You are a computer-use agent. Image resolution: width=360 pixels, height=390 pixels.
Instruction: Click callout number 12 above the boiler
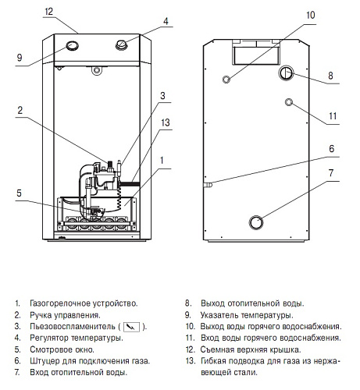click(x=48, y=12)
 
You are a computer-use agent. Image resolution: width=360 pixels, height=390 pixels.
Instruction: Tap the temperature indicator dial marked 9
click(x=72, y=46)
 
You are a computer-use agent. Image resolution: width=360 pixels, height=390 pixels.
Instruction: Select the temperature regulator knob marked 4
click(x=121, y=44)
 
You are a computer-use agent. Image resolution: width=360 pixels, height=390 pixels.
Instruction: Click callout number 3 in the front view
click(x=162, y=96)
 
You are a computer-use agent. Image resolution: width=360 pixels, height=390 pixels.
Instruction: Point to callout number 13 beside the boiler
click(x=166, y=122)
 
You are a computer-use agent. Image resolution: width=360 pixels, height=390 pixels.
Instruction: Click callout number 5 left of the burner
click(x=19, y=193)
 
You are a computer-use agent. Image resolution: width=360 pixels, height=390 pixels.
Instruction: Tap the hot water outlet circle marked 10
click(x=226, y=80)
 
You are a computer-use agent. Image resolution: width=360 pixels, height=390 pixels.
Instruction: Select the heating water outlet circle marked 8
click(x=286, y=73)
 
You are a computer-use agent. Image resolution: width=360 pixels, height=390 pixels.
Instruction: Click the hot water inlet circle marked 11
click(x=289, y=102)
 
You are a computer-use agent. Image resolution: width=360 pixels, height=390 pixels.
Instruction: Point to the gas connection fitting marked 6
click(x=208, y=185)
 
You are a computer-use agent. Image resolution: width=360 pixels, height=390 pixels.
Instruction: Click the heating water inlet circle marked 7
click(x=256, y=222)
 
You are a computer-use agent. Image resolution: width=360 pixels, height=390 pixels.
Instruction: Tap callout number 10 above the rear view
click(x=311, y=15)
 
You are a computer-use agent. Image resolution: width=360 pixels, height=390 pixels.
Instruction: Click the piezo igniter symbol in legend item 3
click(x=131, y=327)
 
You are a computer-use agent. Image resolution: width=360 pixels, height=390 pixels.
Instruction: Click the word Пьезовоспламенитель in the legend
click(x=73, y=326)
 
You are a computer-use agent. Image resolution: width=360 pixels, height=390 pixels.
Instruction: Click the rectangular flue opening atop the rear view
click(x=256, y=55)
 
